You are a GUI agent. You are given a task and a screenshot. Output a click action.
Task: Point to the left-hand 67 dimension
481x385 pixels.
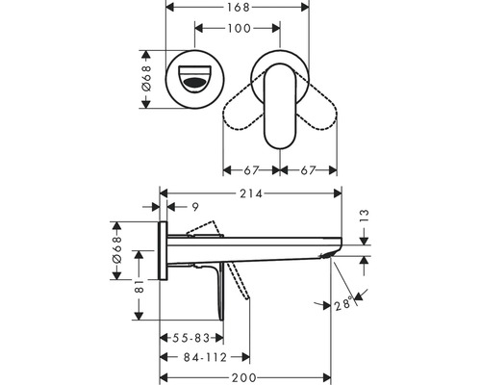(251, 169)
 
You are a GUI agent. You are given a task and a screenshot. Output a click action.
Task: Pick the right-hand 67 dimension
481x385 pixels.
(309, 169)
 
